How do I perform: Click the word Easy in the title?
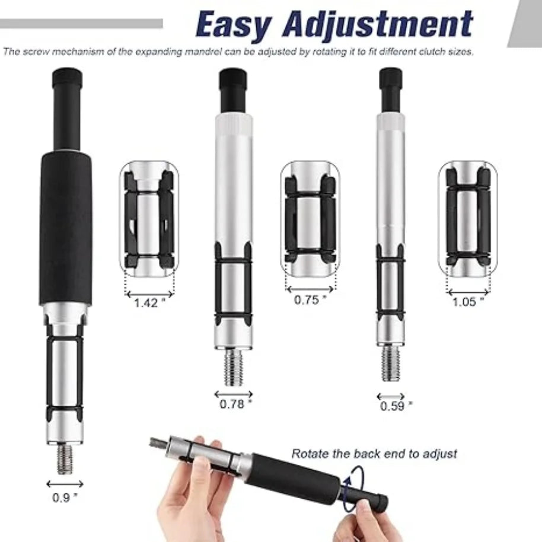coord(233,24)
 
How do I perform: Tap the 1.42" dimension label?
coord(149,303)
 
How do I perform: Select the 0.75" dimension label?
coord(310,299)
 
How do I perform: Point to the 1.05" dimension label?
coord(468,302)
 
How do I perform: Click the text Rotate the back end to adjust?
coord(374,454)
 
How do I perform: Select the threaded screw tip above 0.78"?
coord(234,366)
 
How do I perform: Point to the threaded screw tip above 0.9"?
coord(65,459)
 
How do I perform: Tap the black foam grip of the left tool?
coord(66,229)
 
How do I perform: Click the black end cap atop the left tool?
coord(68,78)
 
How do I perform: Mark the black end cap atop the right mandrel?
coord(391,78)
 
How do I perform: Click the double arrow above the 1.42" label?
coord(149,295)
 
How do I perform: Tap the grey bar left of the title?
coord(81,24)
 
